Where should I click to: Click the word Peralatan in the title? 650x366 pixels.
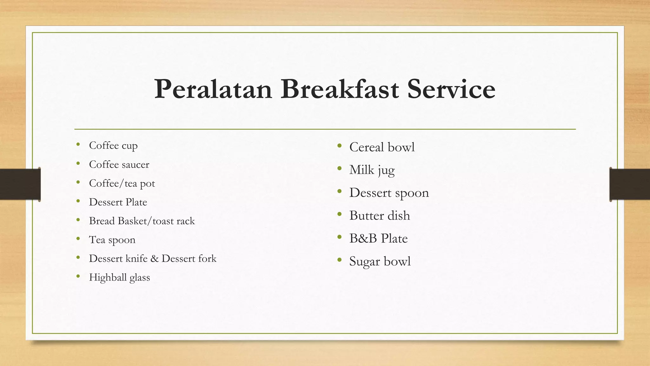coord(213,89)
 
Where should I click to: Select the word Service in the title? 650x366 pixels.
coord(451,89)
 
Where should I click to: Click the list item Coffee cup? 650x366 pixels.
coord(113,146)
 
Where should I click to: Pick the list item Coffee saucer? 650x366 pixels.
coord(119,164)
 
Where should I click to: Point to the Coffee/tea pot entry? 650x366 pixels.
coord(122,183)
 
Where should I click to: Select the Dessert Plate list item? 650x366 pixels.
coord(118,202)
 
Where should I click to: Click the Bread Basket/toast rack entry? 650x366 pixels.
coord(142,221)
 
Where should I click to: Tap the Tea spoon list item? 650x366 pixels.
coord(112,240)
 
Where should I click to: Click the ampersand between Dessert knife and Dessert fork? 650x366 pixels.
coord(155,259)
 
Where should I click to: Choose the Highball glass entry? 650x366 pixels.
coord(119,277)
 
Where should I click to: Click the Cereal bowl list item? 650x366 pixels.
coord(382,147)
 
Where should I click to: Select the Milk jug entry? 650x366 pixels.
coord(372,170)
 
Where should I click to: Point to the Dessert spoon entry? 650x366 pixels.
coord(389,193)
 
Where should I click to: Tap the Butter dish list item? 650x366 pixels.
coord(380,216)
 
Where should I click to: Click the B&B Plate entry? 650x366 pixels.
coord(378,239)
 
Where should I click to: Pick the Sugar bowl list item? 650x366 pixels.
coord(380,261)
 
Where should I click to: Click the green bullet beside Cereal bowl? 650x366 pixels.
coord(340,146)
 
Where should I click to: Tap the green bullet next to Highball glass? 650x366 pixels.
coord(78,276)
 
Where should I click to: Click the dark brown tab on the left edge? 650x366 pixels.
coord(20,184)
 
